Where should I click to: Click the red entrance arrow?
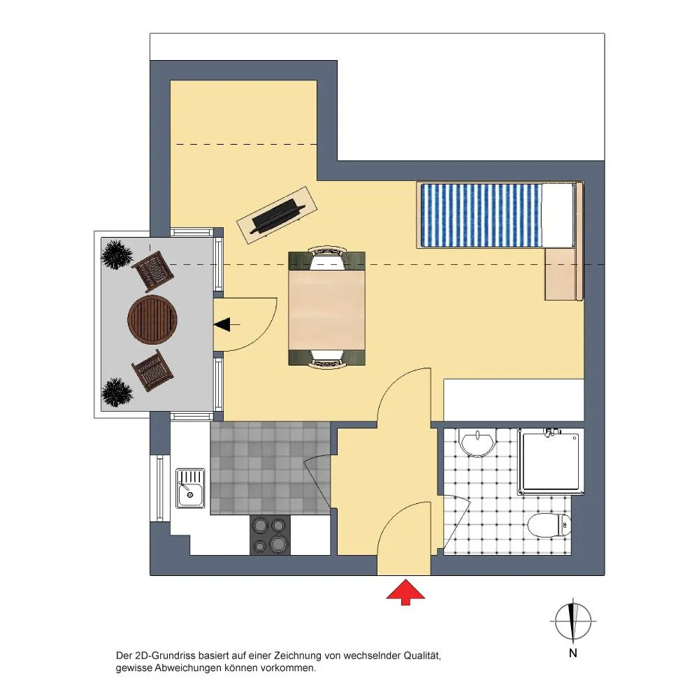click(x=405, y=592)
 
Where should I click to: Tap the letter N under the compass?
click(x=573, y=653)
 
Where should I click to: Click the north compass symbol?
click(x=573, y=621)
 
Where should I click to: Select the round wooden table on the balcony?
click(x=152, y=319)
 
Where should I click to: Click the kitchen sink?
click(x=190, y=488)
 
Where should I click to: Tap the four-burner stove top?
click(x=270, y=535)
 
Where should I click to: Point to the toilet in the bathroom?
click(x=549, y=525)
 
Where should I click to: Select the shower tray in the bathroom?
click(x=551, y=461)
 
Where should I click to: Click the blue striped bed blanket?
click(x=482, y=215)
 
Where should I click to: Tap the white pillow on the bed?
click(x=557, y=215)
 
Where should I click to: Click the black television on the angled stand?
click(x=278, y=216)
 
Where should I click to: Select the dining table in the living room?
click(x=326, y=310)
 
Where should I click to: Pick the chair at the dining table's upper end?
click(x=326, y=258)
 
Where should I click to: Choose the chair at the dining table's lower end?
click(x=326, y=359)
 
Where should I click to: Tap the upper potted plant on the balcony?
click(x=117, y=255)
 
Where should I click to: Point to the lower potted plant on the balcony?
click(x=117, y=392)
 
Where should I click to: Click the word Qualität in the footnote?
click(x=422, y=656)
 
